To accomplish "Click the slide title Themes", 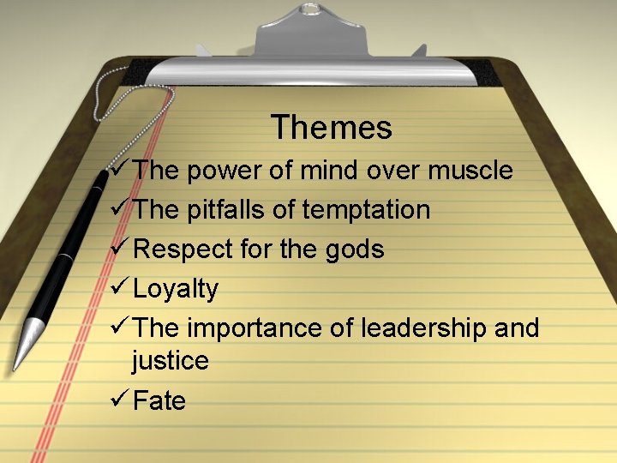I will click(x=332, y=128).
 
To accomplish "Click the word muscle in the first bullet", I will click(x=470, y=171).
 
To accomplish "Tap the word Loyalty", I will click(x=176, y=289).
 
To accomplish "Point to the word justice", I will click(x=170, y=361).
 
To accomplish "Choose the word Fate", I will click(x=159, y=400).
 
